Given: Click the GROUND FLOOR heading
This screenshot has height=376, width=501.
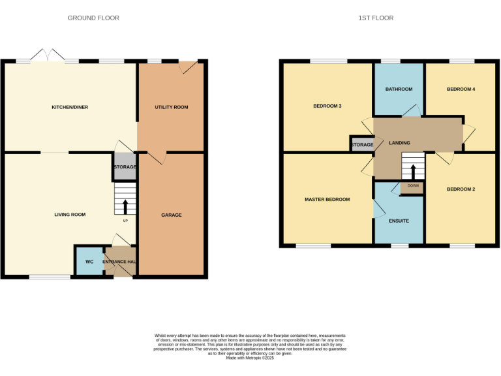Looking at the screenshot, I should tap(93, 18).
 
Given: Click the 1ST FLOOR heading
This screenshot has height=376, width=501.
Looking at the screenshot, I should tap(376, 18).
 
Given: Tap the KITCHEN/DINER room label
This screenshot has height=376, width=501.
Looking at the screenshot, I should tap(70, 107).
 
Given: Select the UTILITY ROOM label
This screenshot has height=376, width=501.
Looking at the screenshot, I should tap(172, 107).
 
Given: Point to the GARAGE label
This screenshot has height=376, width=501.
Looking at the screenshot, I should tap(172, 215).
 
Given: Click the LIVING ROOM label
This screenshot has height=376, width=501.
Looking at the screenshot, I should tap(70, 215).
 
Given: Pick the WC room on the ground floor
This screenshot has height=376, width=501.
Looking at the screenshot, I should tap(89, 262).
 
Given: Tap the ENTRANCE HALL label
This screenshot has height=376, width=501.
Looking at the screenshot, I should tap(120, 262).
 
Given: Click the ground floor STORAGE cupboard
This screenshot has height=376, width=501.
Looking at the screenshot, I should tap(125, 167).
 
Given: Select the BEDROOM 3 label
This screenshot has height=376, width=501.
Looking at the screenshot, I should tap(327, 106).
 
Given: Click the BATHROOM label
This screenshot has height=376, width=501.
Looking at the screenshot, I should tap(399, 89).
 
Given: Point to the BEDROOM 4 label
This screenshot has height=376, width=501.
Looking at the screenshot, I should tap(461, 89).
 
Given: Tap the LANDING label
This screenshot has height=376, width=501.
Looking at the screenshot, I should tap(399, 142).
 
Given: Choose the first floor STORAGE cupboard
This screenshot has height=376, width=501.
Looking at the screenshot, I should tap(362, 145).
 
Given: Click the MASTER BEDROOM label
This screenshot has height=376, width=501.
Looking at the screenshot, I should tap(327, 200).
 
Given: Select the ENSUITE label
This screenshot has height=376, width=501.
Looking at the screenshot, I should tap(399, 221).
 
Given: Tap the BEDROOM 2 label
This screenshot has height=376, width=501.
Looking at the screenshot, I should tap(461, 189).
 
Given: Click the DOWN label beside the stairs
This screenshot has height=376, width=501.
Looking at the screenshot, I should tap(413, 186).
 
